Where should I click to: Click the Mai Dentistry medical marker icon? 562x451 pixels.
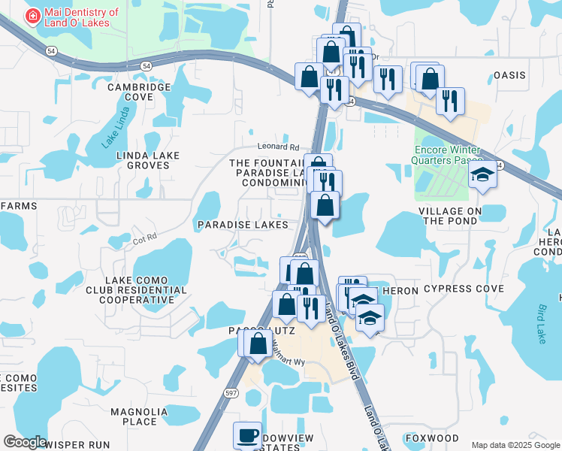pyautogui.click(x=33, y=17)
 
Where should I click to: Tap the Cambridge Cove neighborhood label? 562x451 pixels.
pyautogui.click(x=139, y=92)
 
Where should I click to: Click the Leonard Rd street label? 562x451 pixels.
pyautogui.click(x=278, y=147)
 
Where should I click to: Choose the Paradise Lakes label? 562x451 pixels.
pyautogui.click(x=243, y=225)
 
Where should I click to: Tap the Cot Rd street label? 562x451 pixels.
pyautogui.click(x=144, y=238)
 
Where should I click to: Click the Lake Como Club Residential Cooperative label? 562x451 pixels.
pyautogui.click(x=140, y=289)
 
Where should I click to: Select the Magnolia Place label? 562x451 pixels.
pyautogui.click(x=134, y=416)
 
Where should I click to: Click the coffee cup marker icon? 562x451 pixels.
pyautogui.click(x=247, y=435)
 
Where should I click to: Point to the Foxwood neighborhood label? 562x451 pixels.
pyautogui.click(x=431, y=437)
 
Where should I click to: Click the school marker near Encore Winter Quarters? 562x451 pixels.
pyautogui.click(x=483, y=176)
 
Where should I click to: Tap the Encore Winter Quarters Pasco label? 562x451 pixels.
pyautogui.click(x=449, y=154)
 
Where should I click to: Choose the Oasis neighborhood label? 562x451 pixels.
pyautogui.click(x=509, y=75)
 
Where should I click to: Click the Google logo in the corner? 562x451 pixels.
pyautogui.click(x=25, y=442)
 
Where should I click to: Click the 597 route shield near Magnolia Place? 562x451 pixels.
pyautogui.click(x=231, y=392)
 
